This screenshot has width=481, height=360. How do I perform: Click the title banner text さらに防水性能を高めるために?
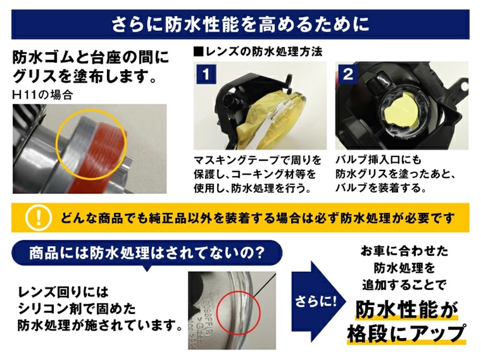pyautogui.click(x=240, y=25)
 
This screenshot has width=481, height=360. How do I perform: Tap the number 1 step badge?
pyautogui.click(x=206, y=74)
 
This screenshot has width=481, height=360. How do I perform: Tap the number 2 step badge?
pyautogui.click(x=348, y=74)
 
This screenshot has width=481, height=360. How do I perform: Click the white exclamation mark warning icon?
pyautogui.click(x=38, y=217)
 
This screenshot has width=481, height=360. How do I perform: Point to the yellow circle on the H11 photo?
pyautogui.click(x=91, y=144)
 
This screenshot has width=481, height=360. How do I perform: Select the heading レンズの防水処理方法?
pyautogui.click(x=258, y=52)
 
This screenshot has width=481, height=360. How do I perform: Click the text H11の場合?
pyautogui.click(x=43, y=95)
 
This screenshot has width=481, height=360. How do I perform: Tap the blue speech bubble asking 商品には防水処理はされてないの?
pyautogui.click(x=146, y=253)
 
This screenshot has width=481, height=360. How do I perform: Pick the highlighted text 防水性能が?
pyautogui.click(x=407, y=310)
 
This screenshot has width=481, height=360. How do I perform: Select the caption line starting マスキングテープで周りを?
pyautogui.click(x=258, y=160)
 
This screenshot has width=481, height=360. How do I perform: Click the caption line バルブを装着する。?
pyautogui.click(x=381, y=187)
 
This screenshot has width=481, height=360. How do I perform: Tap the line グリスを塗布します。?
pyautogui.click(x=84, y=76)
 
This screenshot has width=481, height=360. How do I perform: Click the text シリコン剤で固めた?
pyautogui.click(x=76, y=309)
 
